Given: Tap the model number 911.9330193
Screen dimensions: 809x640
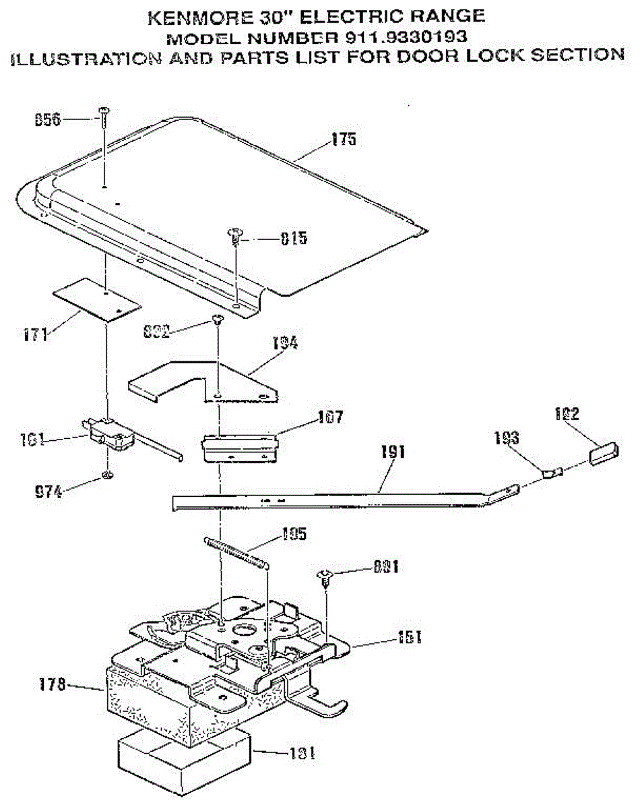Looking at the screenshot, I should [x=404, y=35].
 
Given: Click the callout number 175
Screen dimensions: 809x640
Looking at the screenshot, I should [x=343, y=140].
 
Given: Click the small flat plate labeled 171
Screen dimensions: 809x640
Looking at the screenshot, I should [x=97, y=297].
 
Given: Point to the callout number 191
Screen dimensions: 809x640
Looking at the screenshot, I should [x=394, y=452].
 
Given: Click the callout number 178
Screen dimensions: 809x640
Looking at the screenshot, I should [x=51, y=686].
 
